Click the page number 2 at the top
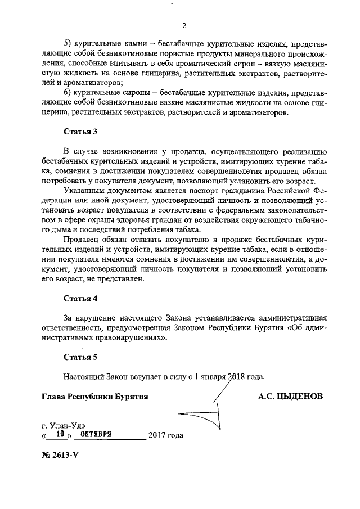pyautogui.click(x=183, y=25)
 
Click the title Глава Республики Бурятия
pyautogui.click(x=94, y=396)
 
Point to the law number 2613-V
pyautogui.click(x=61, y=456)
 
